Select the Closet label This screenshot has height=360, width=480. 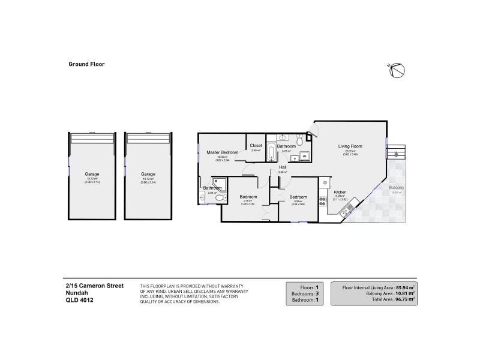(x=256, y=145)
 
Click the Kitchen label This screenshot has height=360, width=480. (x=340, y=191)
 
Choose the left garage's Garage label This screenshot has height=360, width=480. (x=92, y=174)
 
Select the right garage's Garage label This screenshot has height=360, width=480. (x=148, y=174)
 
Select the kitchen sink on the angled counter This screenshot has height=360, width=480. (x=347, y=210)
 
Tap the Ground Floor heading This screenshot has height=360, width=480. (x=86, y=63)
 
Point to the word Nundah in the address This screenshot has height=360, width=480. (x=77, y=293)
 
